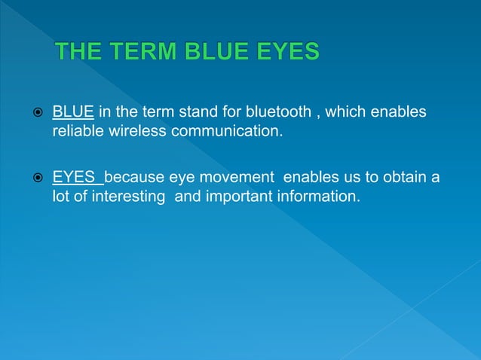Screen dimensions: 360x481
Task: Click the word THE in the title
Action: pos(81,53)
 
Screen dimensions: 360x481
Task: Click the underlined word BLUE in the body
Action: pos(73,112)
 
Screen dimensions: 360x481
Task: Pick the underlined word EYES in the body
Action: pos(77,178)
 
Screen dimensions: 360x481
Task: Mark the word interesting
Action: pos(130,197)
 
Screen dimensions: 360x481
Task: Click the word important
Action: pos(230,197)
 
